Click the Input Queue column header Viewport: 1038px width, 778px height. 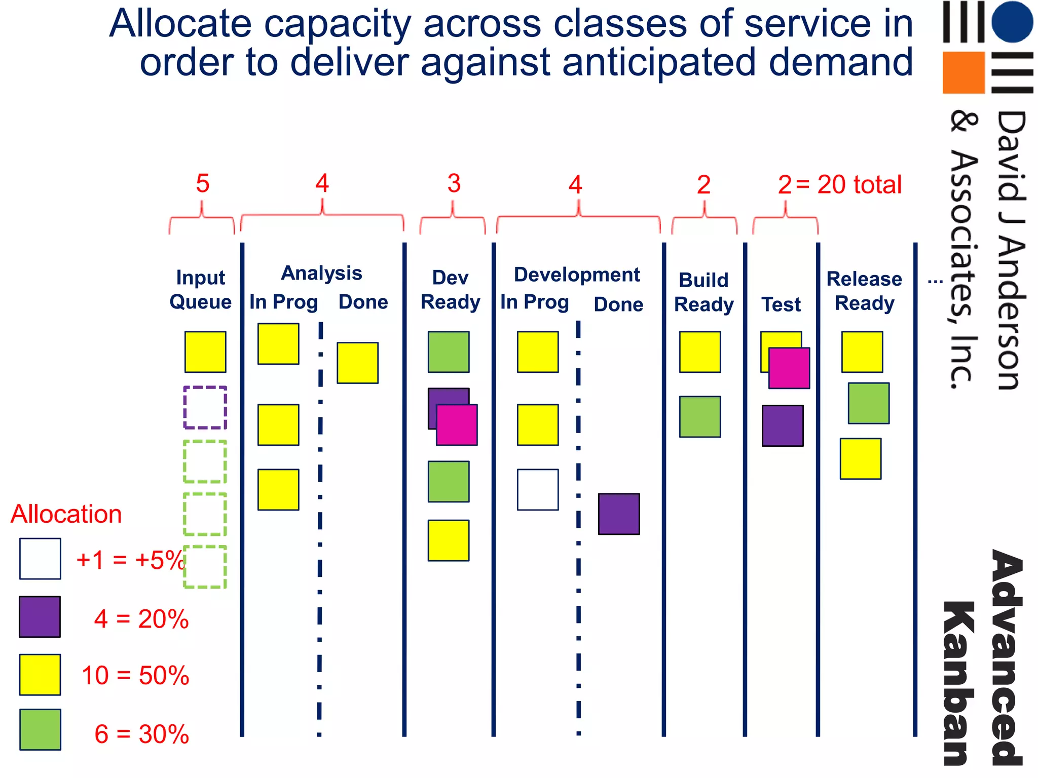coord(200,290)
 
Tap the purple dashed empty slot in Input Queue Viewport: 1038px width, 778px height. coord(205,407)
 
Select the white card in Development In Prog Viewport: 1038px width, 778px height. coord(538,489)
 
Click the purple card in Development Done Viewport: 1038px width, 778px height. coord(619,514)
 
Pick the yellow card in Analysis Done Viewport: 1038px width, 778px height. coord(357,363)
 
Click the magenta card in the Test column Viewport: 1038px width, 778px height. coord(789,368)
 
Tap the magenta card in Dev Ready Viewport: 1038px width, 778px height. coord(457,425)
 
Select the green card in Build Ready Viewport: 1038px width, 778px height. coord(700,416)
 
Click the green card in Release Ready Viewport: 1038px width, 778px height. coord(869,403)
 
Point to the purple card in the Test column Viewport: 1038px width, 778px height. coord(783,425)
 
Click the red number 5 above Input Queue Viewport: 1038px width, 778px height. coord(203,183)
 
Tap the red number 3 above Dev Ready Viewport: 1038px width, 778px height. coord(454,183)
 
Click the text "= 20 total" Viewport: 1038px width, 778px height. coord(849,184)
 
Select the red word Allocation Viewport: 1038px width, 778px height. coord(66,514)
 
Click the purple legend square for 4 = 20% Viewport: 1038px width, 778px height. coord(40,616)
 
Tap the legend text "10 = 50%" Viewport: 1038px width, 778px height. coord(135,675)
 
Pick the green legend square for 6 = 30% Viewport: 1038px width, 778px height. coord(40,729)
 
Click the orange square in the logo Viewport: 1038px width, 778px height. coord(963,72)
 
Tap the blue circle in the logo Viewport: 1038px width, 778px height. coord(1012,22)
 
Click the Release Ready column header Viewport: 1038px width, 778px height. coord(864,291)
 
